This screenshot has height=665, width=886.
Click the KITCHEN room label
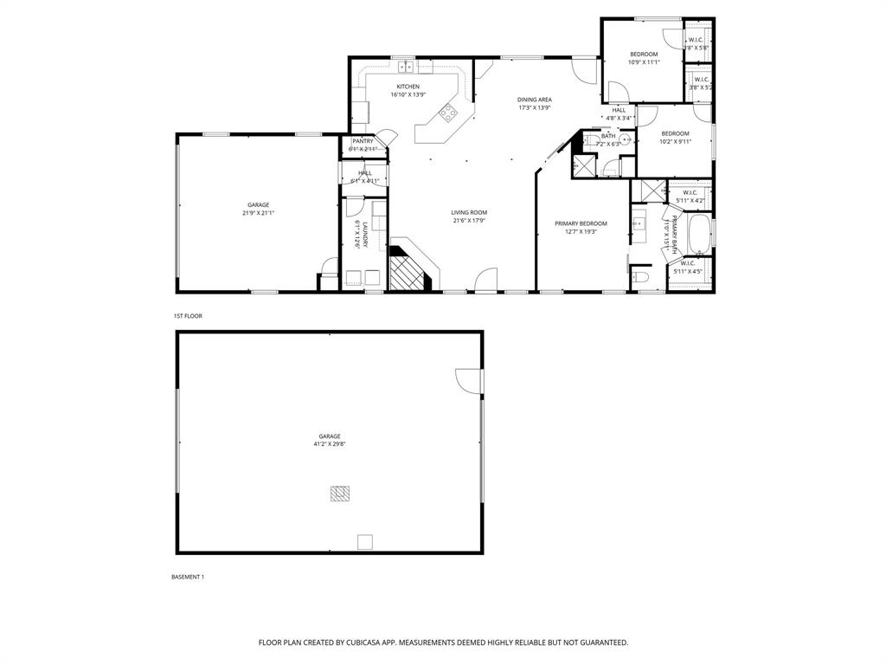(408, 87)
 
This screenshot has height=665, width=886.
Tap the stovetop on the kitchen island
(448, 111)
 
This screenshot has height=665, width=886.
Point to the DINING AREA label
(534, 100)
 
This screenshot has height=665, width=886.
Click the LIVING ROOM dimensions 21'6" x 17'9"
(469, 220)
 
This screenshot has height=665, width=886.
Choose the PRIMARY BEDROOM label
(581, 223)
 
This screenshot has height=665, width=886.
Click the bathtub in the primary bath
(699, 233)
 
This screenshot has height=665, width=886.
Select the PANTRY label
(363, 141)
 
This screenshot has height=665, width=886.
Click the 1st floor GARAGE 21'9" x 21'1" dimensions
(257, 213)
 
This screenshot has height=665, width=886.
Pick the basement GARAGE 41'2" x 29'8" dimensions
(329, 443)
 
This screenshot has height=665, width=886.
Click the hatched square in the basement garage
(339, 494)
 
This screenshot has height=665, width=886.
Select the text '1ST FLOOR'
(188, 316)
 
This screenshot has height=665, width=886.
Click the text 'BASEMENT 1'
(187, 577)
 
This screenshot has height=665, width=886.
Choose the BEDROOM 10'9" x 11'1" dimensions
(643, 61)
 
